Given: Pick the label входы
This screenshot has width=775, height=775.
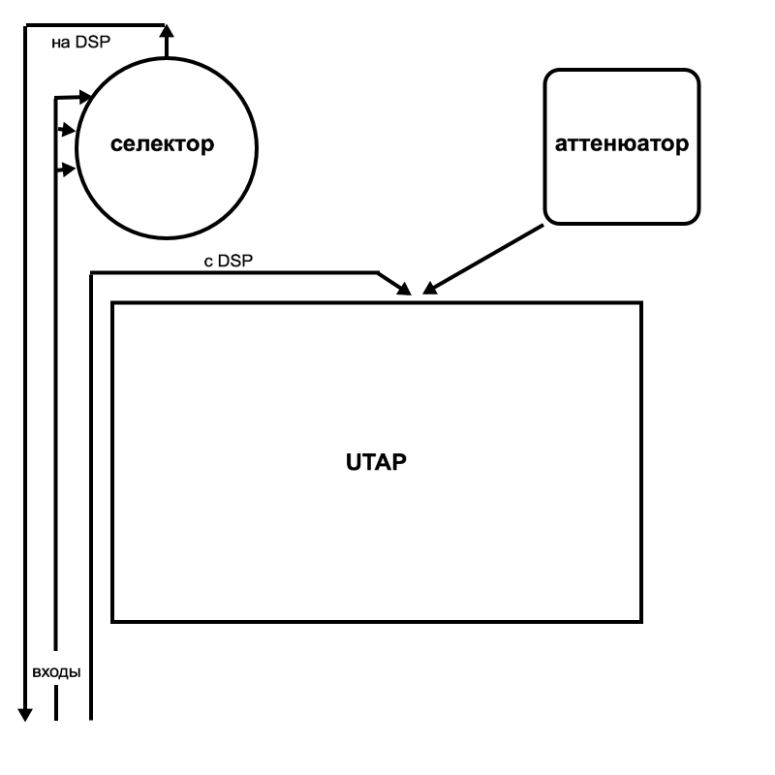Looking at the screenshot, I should (56, 671).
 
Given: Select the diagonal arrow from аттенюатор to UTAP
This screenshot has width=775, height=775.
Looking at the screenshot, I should (484, 258).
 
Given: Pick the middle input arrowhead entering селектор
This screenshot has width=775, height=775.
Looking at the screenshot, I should (67, 129).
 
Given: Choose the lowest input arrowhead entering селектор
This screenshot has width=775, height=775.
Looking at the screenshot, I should (68, 170).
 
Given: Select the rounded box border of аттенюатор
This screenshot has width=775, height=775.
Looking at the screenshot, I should (698, 145).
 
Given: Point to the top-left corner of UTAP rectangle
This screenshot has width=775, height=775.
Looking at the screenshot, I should (113, 303).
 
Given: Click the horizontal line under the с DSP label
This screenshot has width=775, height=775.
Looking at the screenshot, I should (232, 273).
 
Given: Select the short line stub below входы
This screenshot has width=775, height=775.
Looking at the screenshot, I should (56, 704).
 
